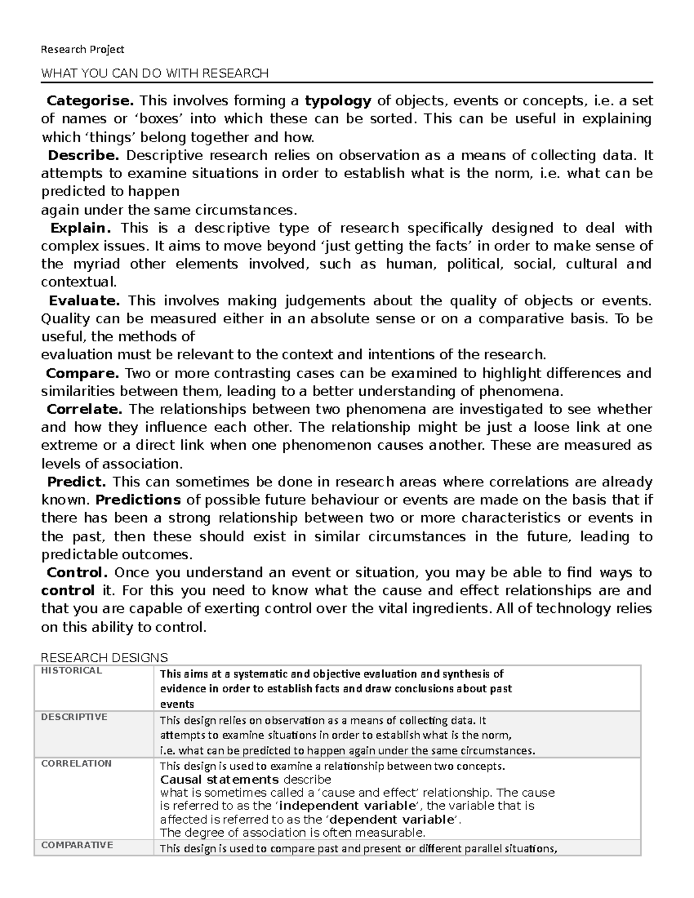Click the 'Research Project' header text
82,50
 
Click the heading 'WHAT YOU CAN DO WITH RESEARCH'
154,73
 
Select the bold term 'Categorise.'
90,101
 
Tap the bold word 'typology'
338,101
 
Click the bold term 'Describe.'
83,155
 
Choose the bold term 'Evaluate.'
84,300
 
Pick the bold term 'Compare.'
83,373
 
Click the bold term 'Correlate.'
84,409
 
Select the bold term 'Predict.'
77,482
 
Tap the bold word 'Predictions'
138,500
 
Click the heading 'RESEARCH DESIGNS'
104,657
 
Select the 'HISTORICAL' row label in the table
71,671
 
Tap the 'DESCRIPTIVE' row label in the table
74,717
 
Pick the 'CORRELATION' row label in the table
76,763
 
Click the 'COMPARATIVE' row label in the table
77,845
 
